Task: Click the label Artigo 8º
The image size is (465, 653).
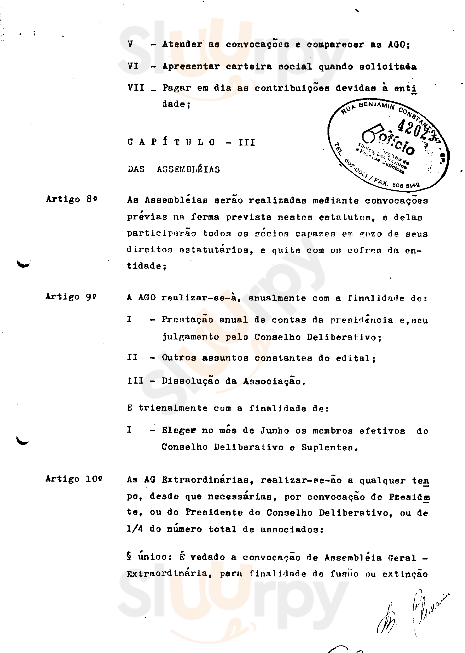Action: (x=72, y=199)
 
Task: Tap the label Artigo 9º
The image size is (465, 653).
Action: (x=71, y=296)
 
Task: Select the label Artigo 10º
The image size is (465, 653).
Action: (x=74, y=479)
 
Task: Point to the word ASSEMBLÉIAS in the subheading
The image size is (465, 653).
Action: (x=188, y=169)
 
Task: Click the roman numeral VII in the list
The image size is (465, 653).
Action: (x=136, y=88)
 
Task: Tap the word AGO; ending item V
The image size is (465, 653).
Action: (x=399, y=45)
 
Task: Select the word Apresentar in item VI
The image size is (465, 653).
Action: (x=191, y=66)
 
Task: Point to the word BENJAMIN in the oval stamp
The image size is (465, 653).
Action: (x=376, y=105)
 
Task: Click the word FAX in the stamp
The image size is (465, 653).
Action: (x=381, y=182)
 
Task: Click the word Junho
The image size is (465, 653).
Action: (x=275, y=430)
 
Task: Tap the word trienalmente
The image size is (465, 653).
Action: (x=173, y=408)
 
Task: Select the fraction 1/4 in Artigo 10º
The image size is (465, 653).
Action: (x=135, y=529)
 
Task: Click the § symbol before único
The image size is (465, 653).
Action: (x=129, y=556)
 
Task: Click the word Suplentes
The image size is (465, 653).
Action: (x=329, y=447)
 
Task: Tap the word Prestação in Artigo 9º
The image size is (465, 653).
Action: (x=188, y=319)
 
